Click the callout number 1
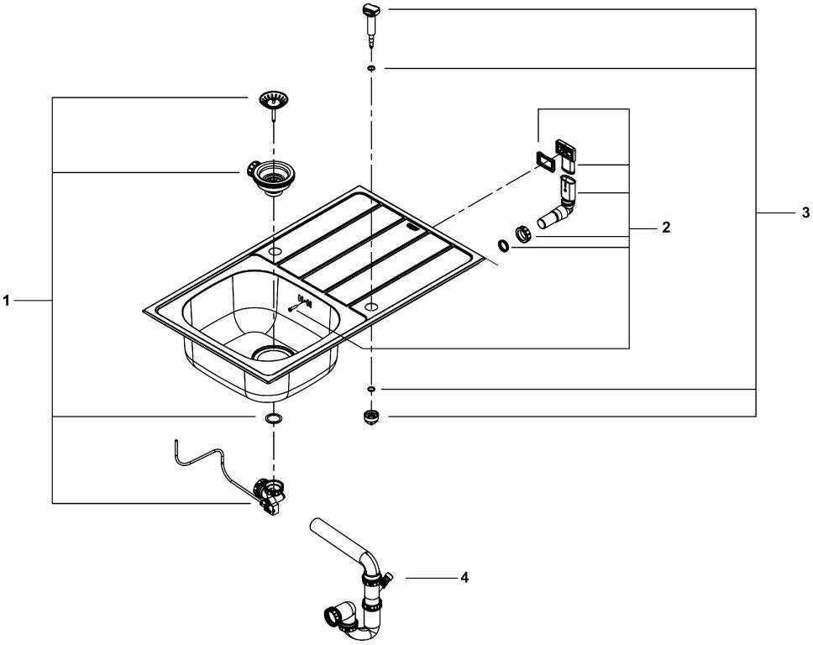coord(6,300)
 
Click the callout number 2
coord(666,227)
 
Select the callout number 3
coord(805,212)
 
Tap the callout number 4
coord(464,577)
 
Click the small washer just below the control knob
coord(372,68)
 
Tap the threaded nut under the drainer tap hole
coord(370,417)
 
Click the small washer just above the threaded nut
coord(371,388)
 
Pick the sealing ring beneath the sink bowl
coord(273,418)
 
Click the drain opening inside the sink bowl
coord(271,353)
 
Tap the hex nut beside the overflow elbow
coord(524,233)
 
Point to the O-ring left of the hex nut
coord(503,246)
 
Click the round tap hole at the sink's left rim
coord(275,252)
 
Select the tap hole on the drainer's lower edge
coord(370,307)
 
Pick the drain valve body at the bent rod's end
coord(270,496)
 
